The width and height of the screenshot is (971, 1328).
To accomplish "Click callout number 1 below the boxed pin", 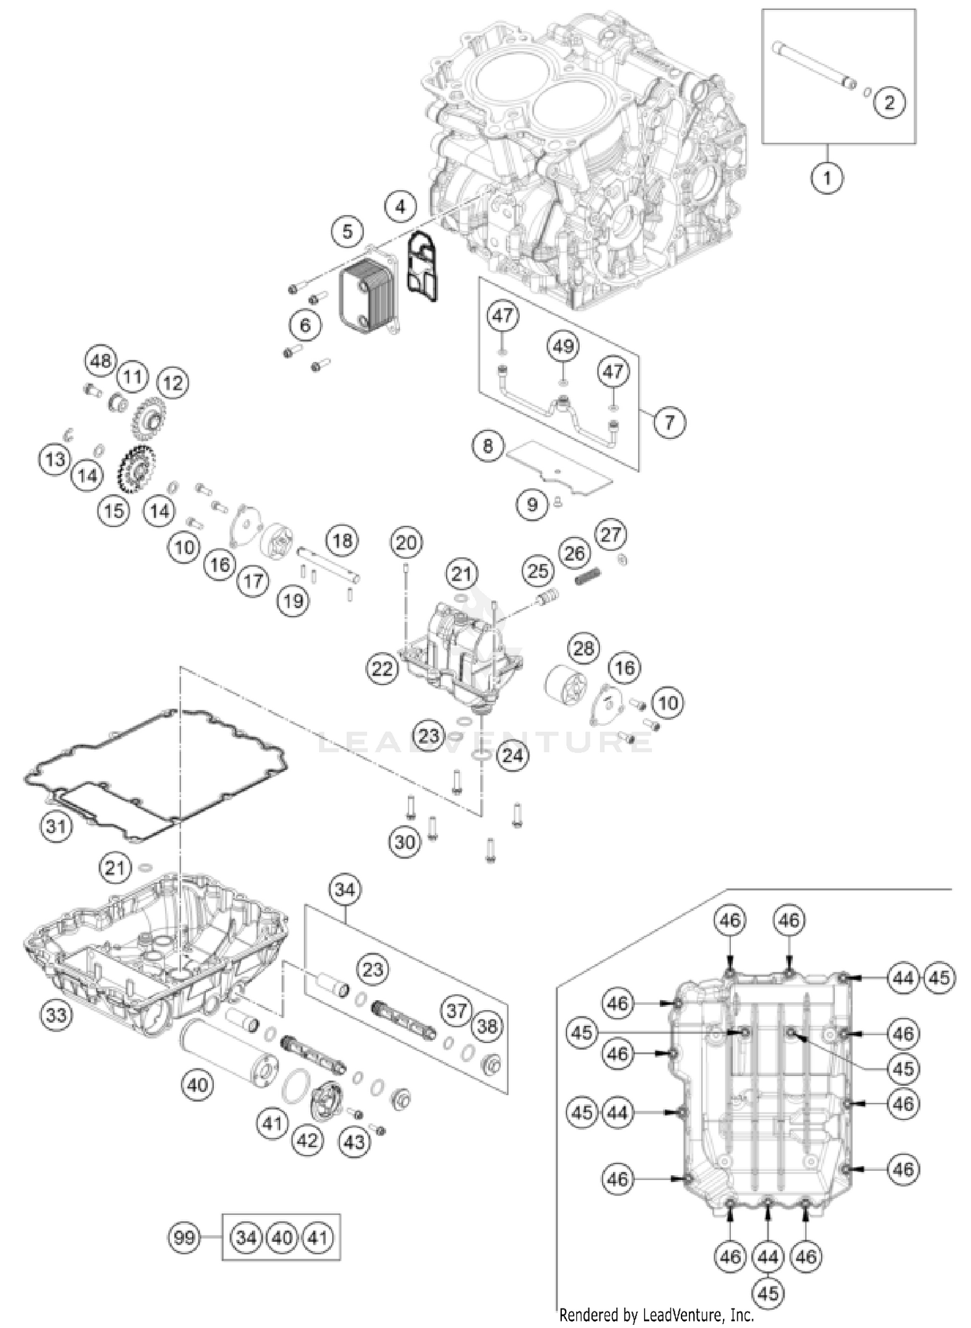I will tap(827, 176).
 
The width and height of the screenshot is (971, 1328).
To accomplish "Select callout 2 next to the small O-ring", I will tap(889, 102).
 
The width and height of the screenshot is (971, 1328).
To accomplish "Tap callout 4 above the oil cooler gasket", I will tap(401, 207).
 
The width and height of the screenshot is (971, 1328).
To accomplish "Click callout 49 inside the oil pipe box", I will tap(563, 346).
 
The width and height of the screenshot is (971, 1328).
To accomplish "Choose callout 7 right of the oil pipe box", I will tap(669, 422).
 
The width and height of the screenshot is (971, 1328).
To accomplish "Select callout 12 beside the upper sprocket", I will tap(173, 383).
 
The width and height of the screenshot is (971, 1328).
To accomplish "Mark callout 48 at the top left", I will tap(100, 361).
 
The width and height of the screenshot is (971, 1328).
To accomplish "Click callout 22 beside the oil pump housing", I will tap(382, 669).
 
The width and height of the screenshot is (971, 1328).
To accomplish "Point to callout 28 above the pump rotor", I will tap(584, 648).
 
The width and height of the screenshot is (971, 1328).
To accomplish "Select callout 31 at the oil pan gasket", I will tap(56, 827).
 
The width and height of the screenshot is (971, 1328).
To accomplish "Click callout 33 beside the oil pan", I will tap(56, 1015).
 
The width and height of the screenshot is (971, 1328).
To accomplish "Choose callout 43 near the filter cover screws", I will tap(354, 1142).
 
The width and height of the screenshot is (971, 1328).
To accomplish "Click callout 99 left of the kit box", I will tap(184, 1238).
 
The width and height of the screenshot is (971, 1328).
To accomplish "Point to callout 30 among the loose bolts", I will tap(405, 842).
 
